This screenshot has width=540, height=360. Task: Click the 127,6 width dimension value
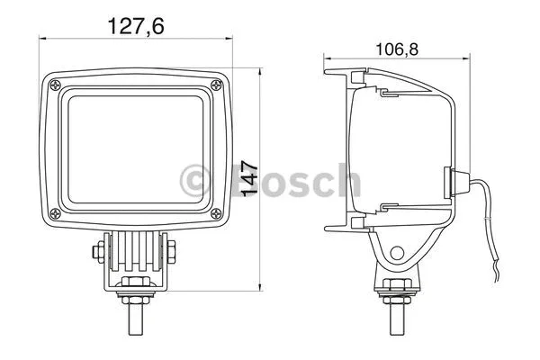coord(136,26)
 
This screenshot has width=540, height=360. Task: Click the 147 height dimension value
coord(249,178)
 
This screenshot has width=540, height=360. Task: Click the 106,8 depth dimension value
coord(397,49)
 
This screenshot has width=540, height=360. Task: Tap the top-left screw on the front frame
coord(55,85)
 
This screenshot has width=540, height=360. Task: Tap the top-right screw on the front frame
coord(216,85)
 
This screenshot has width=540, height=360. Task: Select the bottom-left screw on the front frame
coord(55,214)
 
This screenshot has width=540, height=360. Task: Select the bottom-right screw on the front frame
coord(216,214)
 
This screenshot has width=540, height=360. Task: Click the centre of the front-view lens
coord(136,149)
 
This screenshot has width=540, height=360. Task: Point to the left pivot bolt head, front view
coord(98,251)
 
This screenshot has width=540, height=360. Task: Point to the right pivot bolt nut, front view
coord(171,251)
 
